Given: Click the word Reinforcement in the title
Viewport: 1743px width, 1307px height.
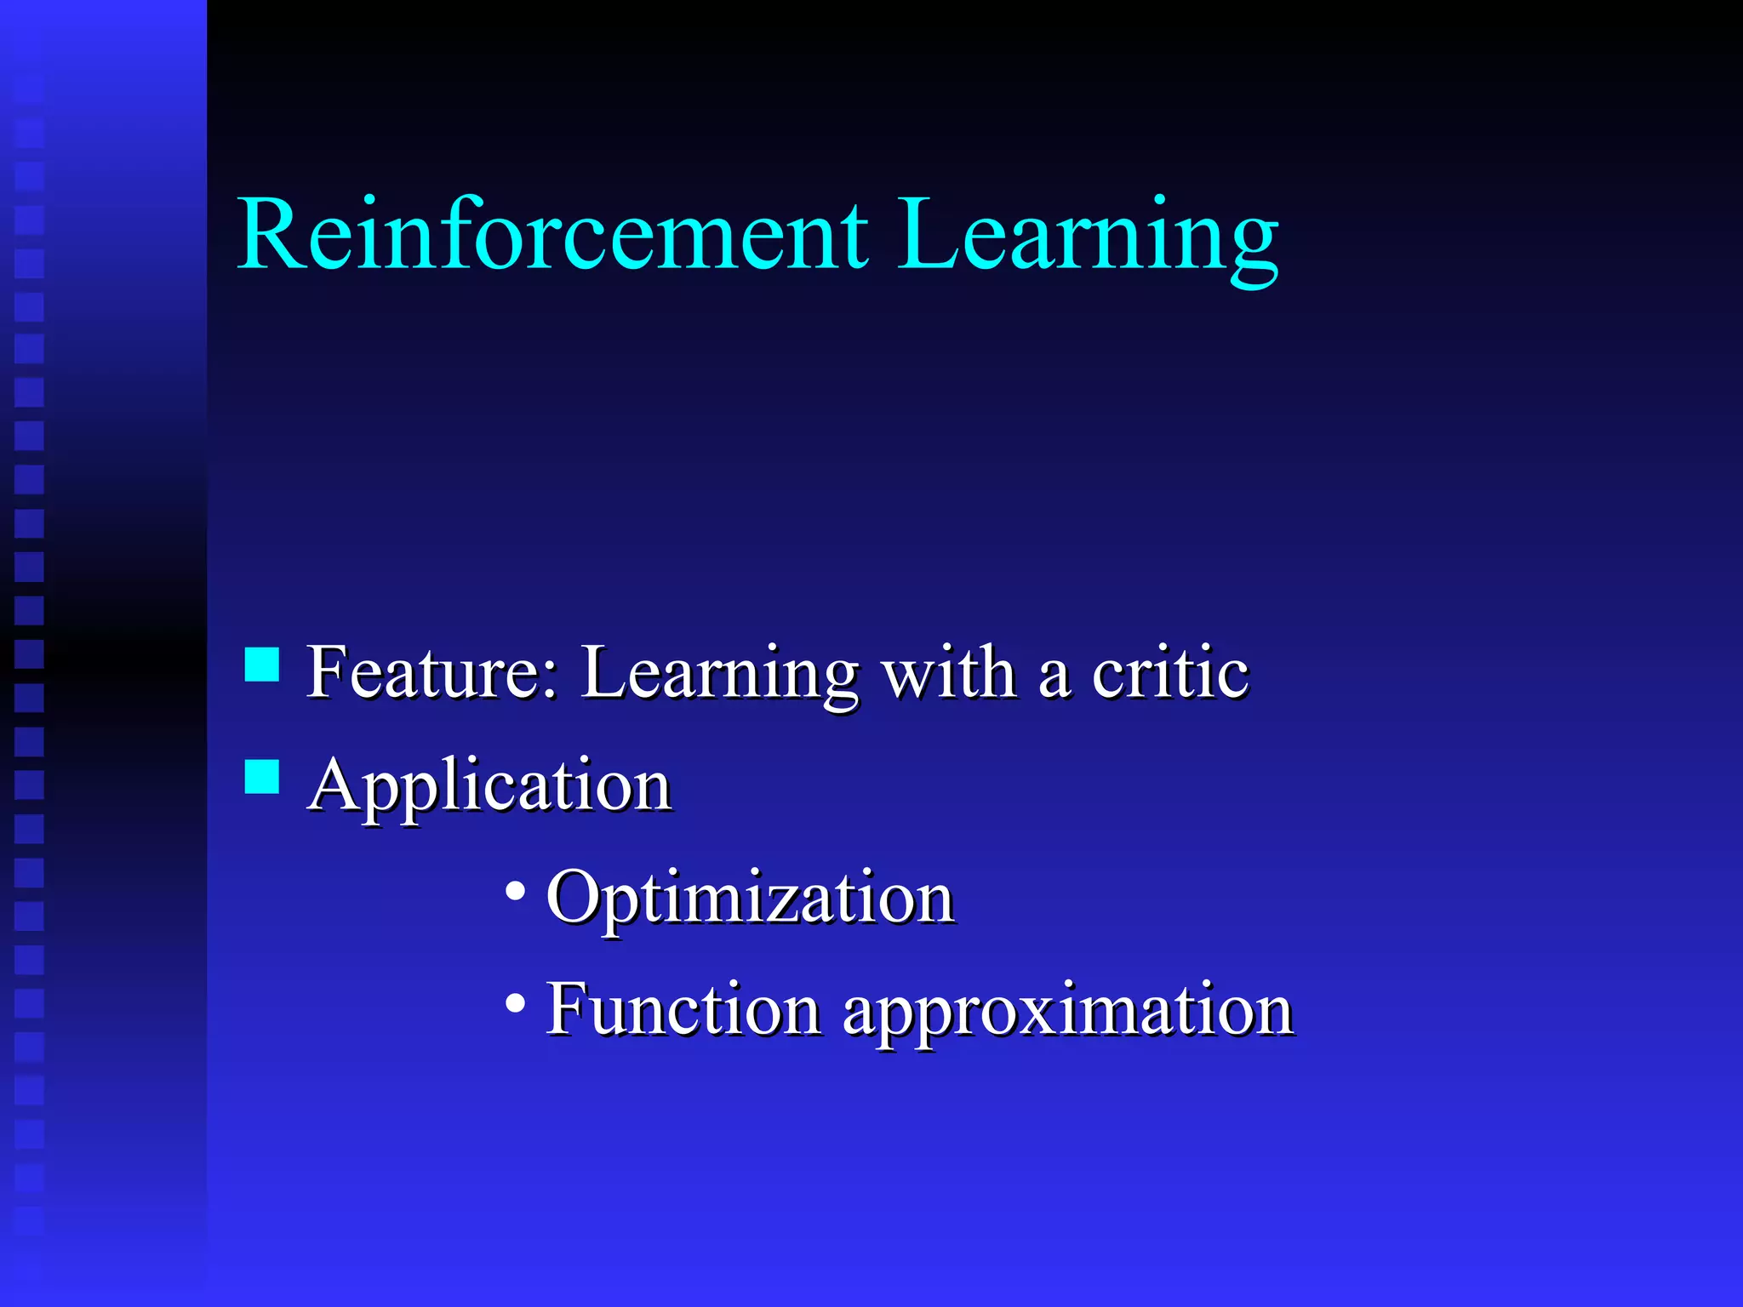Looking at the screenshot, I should [x=553, y=234].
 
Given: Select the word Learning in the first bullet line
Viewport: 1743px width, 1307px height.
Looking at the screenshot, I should [x=719, y=674].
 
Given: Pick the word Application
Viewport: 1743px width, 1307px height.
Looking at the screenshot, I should [x=490, y=786].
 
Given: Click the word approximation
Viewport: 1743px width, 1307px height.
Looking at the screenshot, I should [x=1068, y=1013].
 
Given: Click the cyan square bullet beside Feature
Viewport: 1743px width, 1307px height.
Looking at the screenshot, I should [x=262, y=665].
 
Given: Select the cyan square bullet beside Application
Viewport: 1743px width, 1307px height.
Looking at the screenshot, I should [x=262, y=777].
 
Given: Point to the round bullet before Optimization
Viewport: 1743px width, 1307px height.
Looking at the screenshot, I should [x=515, y=892].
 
